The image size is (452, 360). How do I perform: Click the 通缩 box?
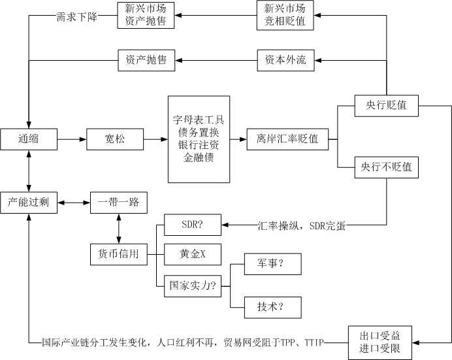[29, 139]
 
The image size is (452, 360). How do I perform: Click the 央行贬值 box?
[386, 105]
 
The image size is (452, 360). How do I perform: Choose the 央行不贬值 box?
[386, 168]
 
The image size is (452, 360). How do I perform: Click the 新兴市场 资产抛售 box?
[146, 15]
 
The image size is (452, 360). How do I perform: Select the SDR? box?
[192, 225]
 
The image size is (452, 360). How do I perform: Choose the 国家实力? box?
[192, 285]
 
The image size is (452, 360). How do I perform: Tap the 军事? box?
[271, 265]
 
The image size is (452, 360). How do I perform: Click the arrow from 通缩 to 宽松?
[72, 139]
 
